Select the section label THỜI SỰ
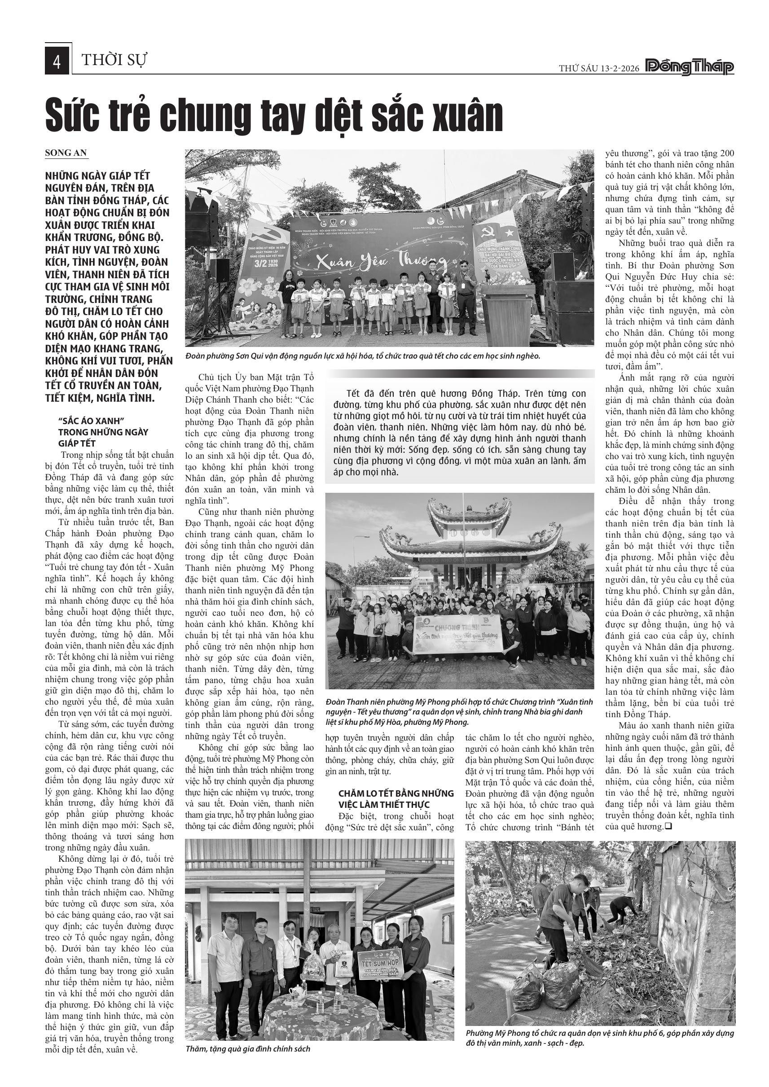(x=114, y=61)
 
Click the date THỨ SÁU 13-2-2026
(x=598, y=68)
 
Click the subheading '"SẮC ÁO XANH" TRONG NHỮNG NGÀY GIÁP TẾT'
(x=103, y=432)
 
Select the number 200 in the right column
(x=727, y=153)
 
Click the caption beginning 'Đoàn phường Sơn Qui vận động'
(x=363, y=355)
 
